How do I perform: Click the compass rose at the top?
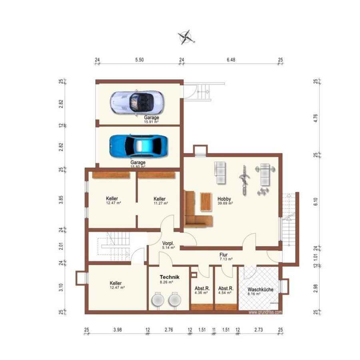[186, 37]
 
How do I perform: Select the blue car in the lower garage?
[138, 146]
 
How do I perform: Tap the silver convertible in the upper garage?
[137, 102]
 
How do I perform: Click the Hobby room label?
[224, 199]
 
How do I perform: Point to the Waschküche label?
[260, 290]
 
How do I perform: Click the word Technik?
[170, 277]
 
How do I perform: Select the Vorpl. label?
[168, 243]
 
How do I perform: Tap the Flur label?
[223, 255]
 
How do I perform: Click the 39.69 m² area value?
[225, 203]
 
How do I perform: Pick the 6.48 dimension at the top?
[231, 60]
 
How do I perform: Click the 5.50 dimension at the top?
[139, 60]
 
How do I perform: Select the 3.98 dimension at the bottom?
[118, 330]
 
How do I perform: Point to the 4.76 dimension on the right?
[316, 118]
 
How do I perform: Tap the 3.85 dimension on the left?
[61, 200]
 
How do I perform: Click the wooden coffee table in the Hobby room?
[206, 202]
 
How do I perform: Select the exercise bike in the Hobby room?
[244, 180]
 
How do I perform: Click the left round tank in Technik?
[158, 300]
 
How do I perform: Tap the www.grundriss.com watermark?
[265, 312]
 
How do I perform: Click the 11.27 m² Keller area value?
[161, 203]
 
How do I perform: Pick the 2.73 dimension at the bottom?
[258, 330]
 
